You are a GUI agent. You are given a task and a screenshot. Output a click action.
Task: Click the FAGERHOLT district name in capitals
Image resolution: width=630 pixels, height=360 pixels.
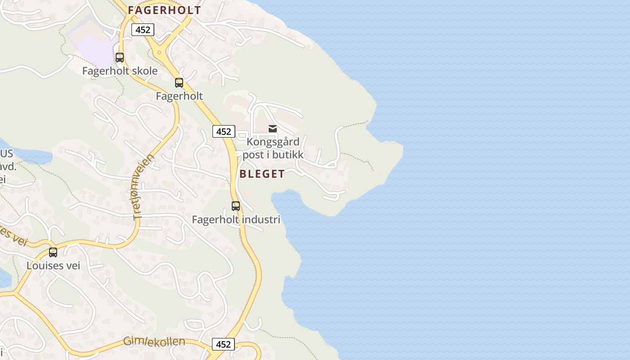tap(164, 10)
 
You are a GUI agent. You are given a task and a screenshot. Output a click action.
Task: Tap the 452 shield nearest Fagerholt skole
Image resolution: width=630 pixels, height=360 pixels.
tap(143, 30)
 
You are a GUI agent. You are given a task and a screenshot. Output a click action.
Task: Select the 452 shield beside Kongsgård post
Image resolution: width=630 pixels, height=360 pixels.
tap(224, 131)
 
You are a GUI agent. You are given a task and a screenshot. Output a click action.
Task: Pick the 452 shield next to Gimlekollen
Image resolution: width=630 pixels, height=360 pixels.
tap(223, 344)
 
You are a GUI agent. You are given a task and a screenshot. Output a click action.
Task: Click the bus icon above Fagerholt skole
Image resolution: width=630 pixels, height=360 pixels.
tap(120, 58)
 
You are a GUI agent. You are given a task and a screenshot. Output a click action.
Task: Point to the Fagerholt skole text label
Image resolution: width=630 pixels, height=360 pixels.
tap(120, 71)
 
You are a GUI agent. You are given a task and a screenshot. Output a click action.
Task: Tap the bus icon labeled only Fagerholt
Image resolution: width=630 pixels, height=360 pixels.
tap(179, 83)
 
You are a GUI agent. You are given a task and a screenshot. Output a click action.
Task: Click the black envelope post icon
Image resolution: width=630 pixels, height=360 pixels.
tap(273, 129)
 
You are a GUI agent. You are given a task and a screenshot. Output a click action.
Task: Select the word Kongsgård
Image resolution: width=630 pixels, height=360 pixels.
tap(273, 142)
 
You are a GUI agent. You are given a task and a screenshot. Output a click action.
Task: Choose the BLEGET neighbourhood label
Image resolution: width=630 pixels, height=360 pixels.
tap(262, 174)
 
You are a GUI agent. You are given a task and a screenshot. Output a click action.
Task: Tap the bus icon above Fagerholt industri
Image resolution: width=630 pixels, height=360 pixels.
tap(236, 206)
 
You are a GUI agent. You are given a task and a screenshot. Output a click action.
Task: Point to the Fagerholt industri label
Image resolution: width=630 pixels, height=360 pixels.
tap(236, 220)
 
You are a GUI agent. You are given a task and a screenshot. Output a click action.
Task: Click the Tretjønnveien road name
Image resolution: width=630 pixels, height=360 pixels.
tap(144, 187)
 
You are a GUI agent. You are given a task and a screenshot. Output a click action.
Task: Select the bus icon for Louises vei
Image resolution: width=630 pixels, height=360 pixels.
tap(53, 252)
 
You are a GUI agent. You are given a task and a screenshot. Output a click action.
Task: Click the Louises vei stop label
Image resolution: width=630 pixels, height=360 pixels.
tap(53, 265)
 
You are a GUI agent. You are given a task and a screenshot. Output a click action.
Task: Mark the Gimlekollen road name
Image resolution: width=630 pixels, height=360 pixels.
tap(154, 342)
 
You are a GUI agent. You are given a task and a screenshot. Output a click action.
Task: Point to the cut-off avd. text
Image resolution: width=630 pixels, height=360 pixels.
tap(8, 166)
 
